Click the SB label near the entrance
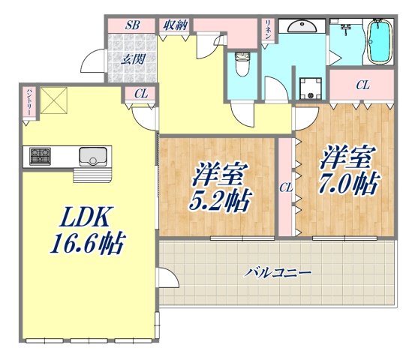133,25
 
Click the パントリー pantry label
28,101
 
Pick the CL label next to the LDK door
140,94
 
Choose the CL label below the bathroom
362,85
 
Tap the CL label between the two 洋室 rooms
286,187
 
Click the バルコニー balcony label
277,272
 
